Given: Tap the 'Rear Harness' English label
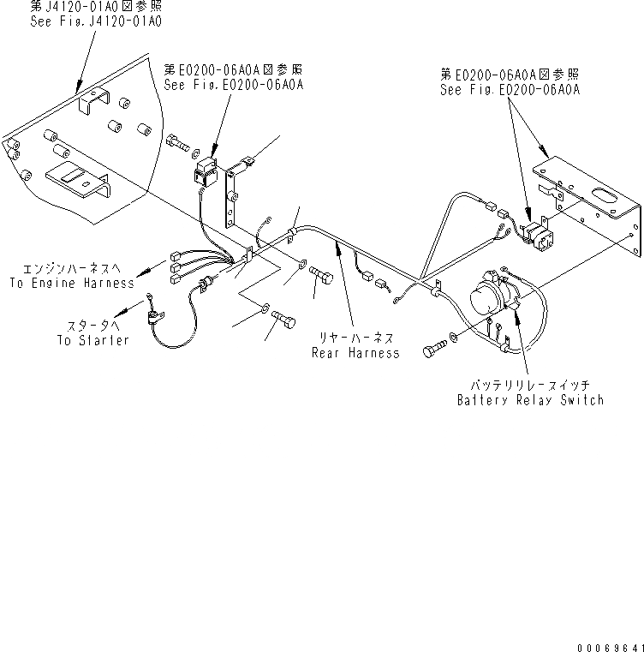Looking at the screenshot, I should [356, 353].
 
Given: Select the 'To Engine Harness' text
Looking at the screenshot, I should [72, 282].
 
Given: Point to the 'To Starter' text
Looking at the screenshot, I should [92, 340].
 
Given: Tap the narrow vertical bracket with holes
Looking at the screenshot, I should [233, 196].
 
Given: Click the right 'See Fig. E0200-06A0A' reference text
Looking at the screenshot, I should [510, 88].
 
